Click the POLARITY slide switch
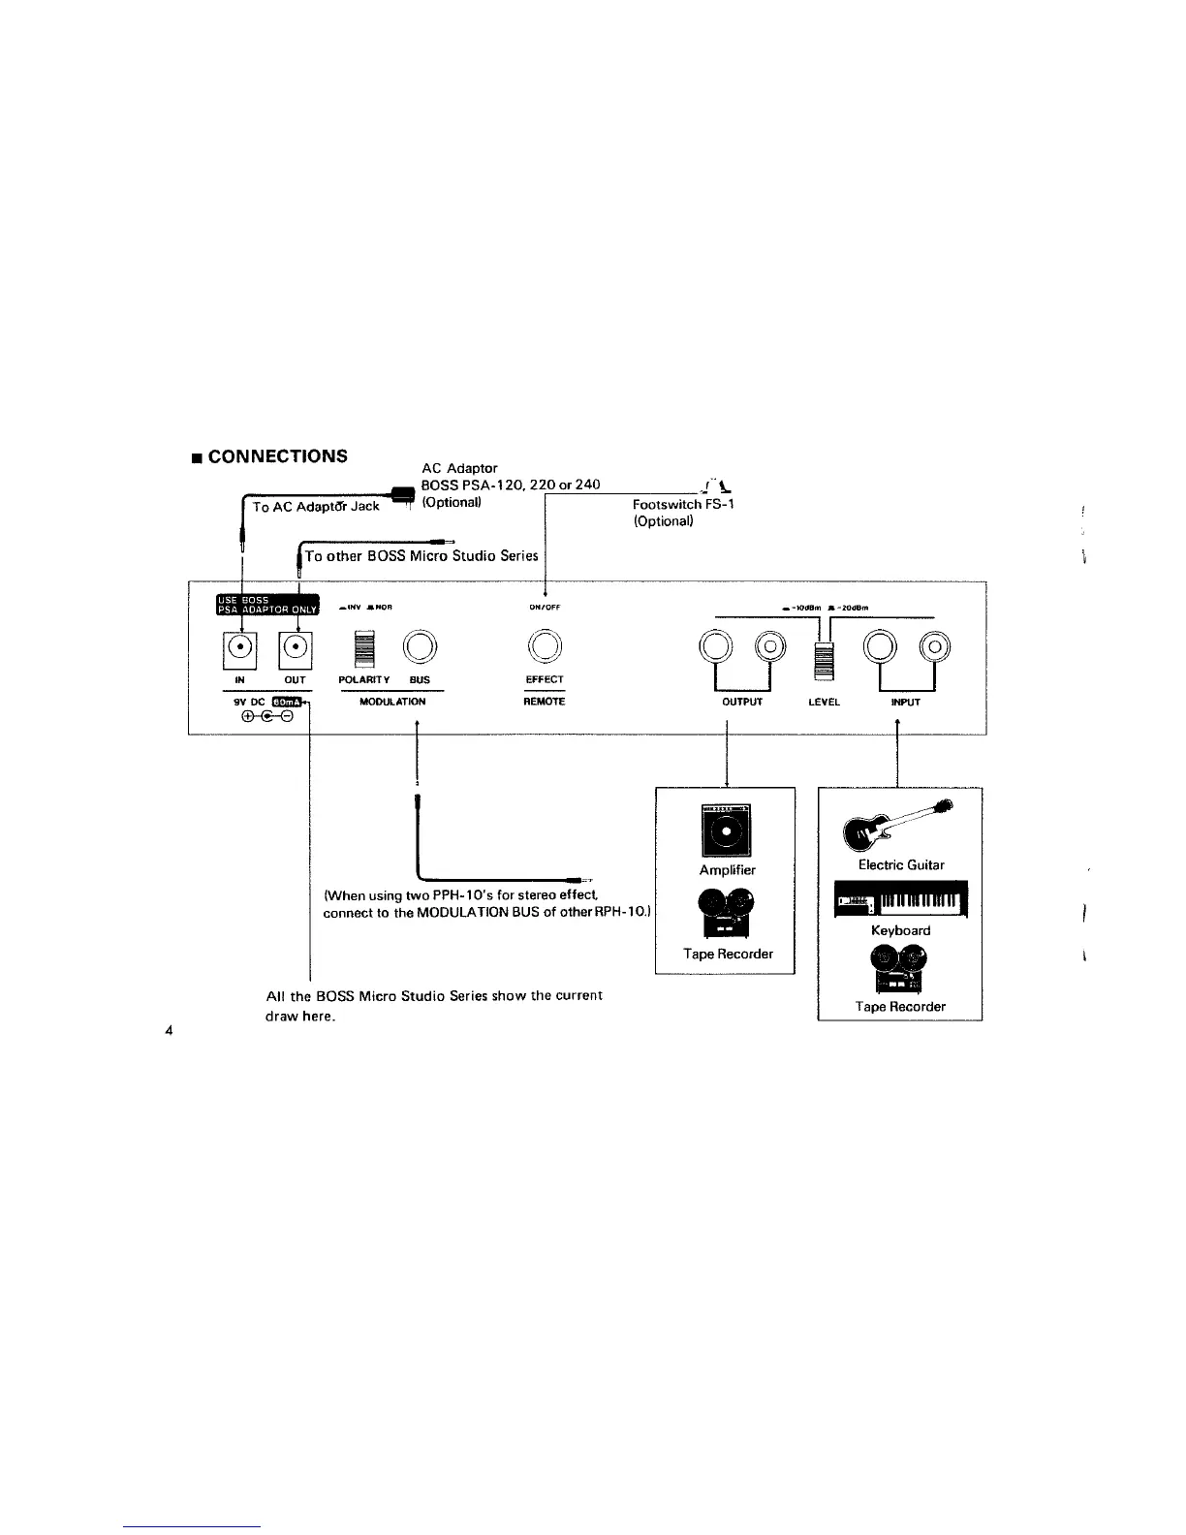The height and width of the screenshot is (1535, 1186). [x=363, y=648]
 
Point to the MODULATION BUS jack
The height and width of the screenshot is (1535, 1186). [x=421, y=645]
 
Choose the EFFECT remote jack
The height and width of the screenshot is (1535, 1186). [x=545, y=645]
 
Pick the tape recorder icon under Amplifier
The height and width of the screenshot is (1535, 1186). [x=727, y=916]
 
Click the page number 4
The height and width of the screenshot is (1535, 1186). [x=169, y=1030]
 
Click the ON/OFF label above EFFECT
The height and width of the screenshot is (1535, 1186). [x=544, y=607]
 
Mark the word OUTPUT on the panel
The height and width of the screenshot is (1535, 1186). [x=742, y=702]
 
